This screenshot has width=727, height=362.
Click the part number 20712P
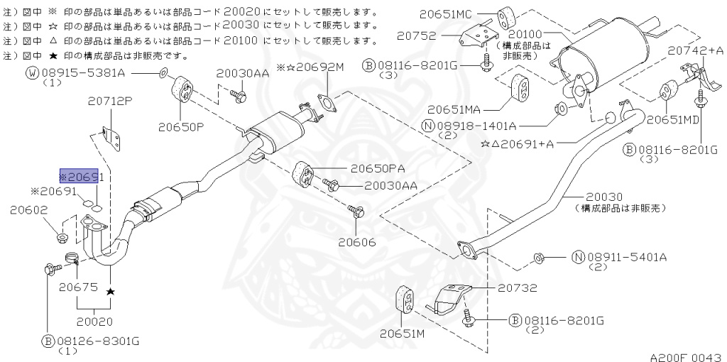pyautogui.click(x=109, y=102)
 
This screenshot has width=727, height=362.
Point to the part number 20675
pyautogui.click(x=77, y=287)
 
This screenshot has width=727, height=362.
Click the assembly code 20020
pyautogui.click(x=96, y=322)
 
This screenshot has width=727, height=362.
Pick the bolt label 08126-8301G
pyautogui.click(x=97, y=342)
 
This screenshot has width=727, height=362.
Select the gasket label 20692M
pyautogui.click(x=315, y=67)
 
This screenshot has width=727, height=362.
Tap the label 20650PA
pyautogui.click(x=377, y=169)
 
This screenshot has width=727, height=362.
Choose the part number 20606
pyautogui.click(x=356, y=242)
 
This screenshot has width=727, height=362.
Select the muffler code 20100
pyautogui.click(x=525, y=34)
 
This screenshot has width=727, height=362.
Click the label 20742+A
pyautogui.click(x=695, y=50)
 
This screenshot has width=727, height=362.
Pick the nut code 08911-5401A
pyautogui.click(x=627, y=256)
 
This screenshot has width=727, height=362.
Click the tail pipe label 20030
pyautogui.click(x=605, y=197)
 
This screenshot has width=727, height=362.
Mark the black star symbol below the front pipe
pyautogui.click(x=110, y=292)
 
